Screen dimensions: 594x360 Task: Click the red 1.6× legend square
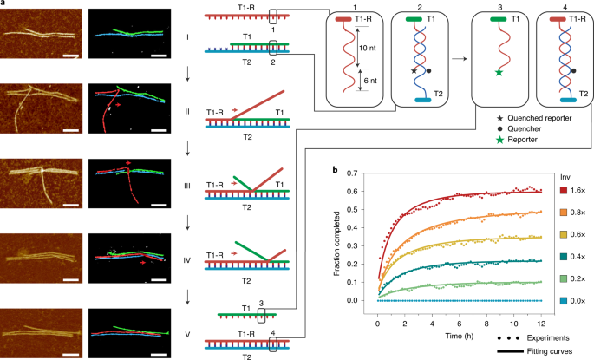pos(564,191)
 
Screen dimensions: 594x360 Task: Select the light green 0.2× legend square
pos(564,279)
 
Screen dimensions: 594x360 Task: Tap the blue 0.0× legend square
pos(564,301)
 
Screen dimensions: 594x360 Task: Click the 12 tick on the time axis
pos(541,324)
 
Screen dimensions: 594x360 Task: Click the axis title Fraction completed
pos(336,243)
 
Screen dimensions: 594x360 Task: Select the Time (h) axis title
pos(459,336)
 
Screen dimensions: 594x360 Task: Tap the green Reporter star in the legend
pos(500,140)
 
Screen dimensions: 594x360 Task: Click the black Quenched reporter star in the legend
pos(500,118)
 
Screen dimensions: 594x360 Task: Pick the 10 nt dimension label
pos(368,48)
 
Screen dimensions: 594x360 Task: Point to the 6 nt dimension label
pos(370,81)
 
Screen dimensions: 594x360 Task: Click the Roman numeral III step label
pos(187,186)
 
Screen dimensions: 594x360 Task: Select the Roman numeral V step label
pos(187,335)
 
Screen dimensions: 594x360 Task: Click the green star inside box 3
pos(499,72)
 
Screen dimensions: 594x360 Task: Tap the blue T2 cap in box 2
pos(423,100)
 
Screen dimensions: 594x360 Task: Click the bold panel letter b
pos(336,170)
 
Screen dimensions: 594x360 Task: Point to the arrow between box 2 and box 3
pos(459,59)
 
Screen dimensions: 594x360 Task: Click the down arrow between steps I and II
pos(187,75)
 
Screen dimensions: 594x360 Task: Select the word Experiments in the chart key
pos(548,338)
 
